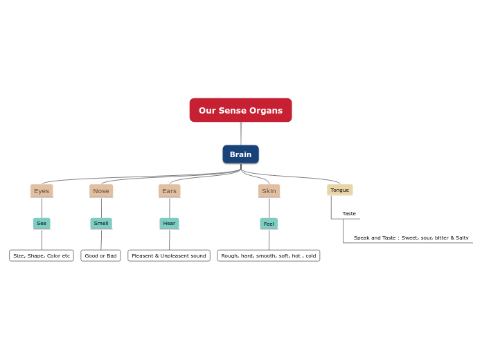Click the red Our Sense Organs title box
[x=240, y=110]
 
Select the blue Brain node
[x=240, y=154]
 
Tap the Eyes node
[x=42, y=190]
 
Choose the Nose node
[x=101, y=190]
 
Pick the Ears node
[x=169, y=190]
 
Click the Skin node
[x=269, y=190]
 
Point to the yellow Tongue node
[x=339, y=190]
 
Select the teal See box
[x=42, y=223]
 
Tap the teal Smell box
[x=101, y=223]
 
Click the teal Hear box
[x=169, y=223]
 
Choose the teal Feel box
[x=269, y=224]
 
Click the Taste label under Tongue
[x=349, y=214]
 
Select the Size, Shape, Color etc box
[x=42, y=255]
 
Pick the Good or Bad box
[x=100, y=255]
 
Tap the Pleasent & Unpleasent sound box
[x=169, y=255]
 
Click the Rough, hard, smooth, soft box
[x=269, y=255]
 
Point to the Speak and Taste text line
[x=411, y=237]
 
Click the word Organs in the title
[x=267, y=110]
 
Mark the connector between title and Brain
[x=241, y=134]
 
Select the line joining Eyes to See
[x=42, y=208]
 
